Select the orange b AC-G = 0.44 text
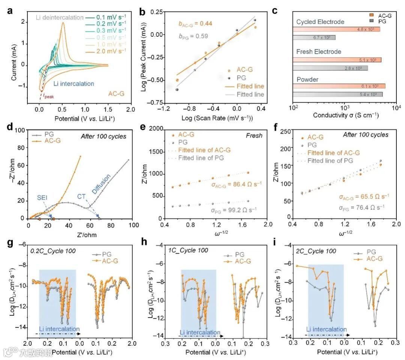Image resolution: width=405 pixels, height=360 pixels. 195,24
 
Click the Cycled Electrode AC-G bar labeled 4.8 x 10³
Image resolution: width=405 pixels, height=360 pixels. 336,29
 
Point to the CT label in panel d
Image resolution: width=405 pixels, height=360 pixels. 82,196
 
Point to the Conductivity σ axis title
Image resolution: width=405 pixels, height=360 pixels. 345,115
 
